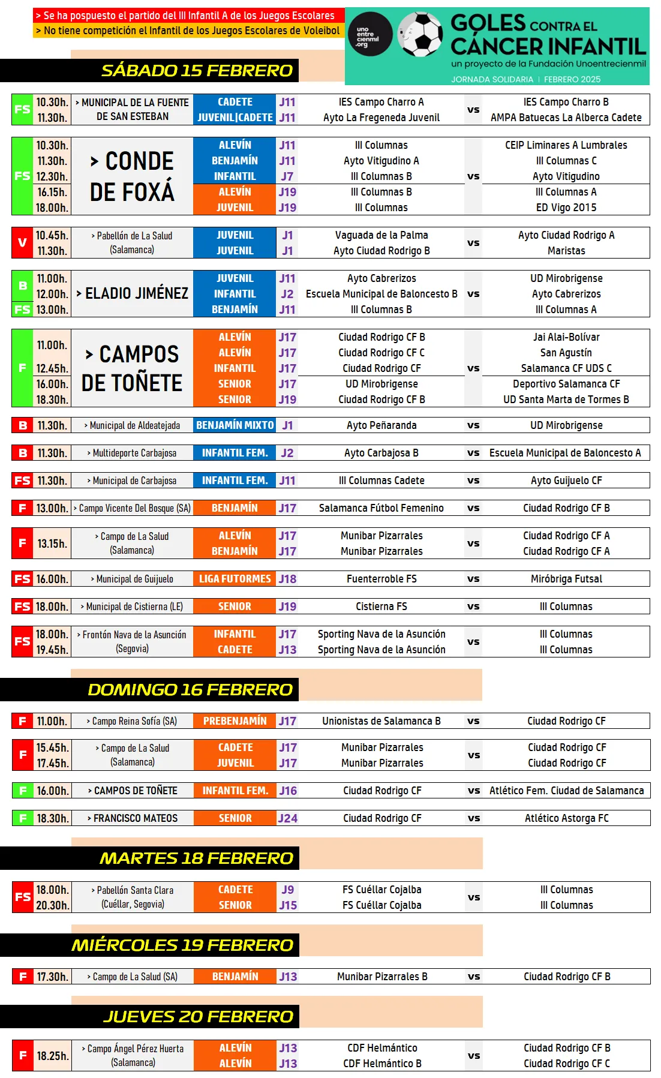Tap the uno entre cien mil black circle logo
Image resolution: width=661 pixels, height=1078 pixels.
369,34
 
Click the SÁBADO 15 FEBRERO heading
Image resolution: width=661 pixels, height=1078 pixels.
197,71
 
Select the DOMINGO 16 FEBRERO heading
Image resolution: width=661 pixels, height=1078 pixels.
190,690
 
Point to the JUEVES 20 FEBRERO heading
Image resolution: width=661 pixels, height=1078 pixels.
198,1017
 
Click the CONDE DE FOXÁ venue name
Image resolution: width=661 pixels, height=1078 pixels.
132,176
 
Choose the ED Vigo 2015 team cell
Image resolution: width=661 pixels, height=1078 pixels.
566,208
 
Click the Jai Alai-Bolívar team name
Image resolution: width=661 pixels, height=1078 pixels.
566,337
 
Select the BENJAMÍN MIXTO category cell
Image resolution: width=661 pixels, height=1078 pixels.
235,425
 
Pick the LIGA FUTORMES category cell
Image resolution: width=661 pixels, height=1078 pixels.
235,579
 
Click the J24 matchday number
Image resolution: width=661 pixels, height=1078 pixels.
288,818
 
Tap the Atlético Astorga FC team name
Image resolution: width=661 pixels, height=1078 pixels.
566,818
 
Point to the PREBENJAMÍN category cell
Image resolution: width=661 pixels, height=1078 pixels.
235,721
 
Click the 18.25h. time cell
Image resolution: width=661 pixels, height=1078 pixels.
52,1056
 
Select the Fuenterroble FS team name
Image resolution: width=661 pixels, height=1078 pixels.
381,579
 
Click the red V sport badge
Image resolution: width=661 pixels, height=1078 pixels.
22,243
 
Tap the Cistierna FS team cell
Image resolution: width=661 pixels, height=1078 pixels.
381,606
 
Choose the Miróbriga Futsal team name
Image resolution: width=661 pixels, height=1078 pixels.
566,579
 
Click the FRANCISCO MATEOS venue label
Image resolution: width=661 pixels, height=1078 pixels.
133,818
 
